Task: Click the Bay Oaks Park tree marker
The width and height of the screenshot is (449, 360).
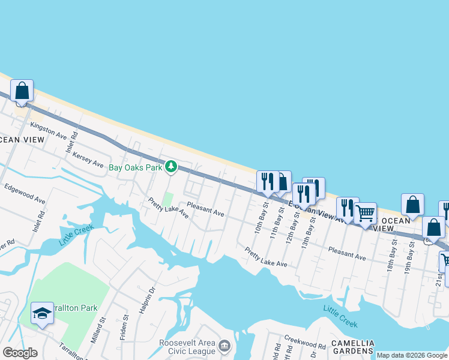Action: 171,167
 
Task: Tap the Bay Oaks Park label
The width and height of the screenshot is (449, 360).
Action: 135,167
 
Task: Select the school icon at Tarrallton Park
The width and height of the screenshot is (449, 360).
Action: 42,313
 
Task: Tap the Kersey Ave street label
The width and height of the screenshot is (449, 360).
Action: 88,159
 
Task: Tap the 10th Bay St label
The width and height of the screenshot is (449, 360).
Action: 259,220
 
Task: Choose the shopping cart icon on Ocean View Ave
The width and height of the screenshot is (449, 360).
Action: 365,213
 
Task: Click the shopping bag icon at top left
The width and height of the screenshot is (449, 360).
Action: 22,91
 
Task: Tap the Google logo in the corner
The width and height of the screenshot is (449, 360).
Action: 20,353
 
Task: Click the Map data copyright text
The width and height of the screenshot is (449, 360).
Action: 412,355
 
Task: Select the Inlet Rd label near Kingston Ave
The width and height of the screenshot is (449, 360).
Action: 71,142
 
